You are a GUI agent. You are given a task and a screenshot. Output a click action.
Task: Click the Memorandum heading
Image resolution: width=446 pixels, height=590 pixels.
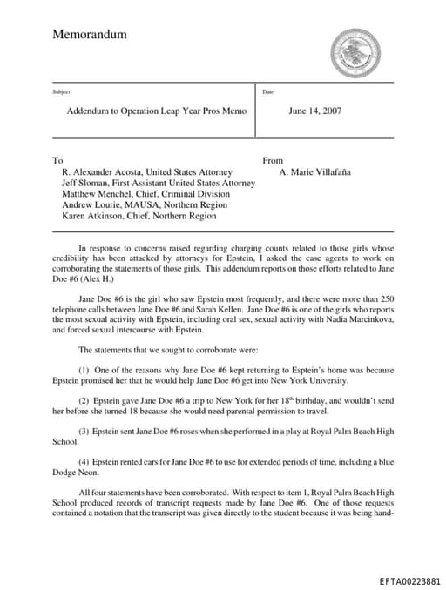[90, 35]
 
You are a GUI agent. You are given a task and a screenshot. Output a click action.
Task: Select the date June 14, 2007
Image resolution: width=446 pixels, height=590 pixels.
[314, 111]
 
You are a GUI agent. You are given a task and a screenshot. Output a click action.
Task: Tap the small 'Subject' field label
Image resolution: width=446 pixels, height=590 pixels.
[61, 91]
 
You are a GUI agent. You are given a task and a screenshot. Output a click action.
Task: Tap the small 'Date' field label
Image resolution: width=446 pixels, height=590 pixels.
[267, 91]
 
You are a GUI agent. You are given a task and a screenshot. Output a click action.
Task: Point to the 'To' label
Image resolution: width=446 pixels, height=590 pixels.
[57, 161]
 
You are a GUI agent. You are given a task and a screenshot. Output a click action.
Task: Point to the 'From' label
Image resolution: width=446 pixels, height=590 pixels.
[273, 161]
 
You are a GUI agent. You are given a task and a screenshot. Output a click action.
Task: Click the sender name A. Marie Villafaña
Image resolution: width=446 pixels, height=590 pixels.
[314, 172]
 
